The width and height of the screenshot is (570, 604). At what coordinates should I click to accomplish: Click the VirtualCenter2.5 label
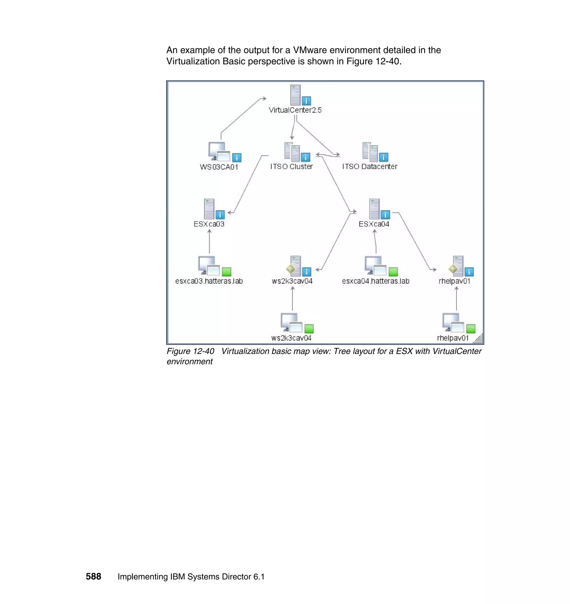(x=295, y=110)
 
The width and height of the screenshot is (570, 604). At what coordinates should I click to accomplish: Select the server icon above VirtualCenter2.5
(x=295, y=95)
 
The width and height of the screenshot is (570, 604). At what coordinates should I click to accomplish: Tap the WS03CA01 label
(x=219, y=167)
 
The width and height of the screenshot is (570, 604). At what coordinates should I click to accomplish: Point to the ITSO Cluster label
(x=291, y=167)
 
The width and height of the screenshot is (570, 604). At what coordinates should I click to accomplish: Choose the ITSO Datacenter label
(x=369, y=167)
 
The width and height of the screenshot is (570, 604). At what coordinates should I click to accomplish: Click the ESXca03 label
(x=209, y=224)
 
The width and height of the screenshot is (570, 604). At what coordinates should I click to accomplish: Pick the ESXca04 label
(x=374, y=224)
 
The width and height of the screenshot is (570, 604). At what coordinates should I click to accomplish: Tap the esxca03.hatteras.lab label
(x=209, y=281)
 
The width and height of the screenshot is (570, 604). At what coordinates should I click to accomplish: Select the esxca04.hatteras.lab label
(x=375, y=281)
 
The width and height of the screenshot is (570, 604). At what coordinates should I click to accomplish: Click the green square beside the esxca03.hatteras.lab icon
(x=227, y=271)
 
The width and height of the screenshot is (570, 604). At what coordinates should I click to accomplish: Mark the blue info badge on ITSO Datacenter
(x=384, y=157)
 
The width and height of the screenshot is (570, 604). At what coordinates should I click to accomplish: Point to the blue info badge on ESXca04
(x=385, y=215)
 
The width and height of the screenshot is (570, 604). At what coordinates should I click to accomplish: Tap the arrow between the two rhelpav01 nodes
(x=456, y=298)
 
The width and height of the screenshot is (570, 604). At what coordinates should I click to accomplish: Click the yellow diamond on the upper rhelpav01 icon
(x=453, y=269)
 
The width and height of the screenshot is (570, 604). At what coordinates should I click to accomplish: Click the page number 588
(x=93, y=576)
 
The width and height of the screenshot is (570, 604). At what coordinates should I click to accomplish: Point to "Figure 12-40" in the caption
(x=190, y=351)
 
